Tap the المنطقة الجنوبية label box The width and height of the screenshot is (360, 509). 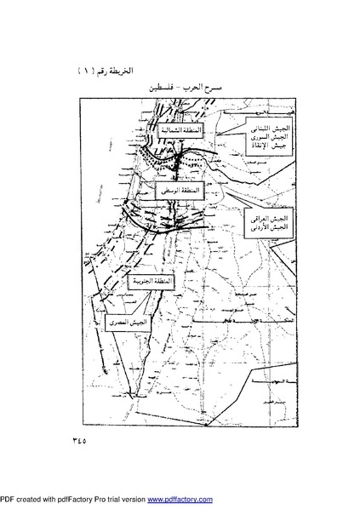tap(149, 280)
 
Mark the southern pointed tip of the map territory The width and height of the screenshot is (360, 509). tap(133, 395)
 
